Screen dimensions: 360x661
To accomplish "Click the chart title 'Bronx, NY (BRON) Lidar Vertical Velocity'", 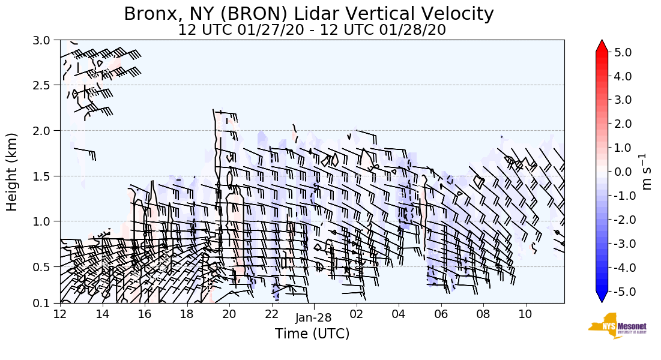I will click(x=309, y=13).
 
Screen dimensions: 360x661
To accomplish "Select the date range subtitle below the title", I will click(x=312, y=30).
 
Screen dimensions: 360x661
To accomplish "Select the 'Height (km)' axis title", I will click(x=13, y=172).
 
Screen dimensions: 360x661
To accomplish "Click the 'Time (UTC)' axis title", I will click(x=312, y=334).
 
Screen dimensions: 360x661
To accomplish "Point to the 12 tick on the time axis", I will click(x=60, y=314).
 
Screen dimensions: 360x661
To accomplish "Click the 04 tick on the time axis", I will click(x=399, y=314).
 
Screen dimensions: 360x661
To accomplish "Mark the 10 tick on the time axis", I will click(x=525, y=314).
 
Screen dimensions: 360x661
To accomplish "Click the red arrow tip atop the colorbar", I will click(x=602, y=45).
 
